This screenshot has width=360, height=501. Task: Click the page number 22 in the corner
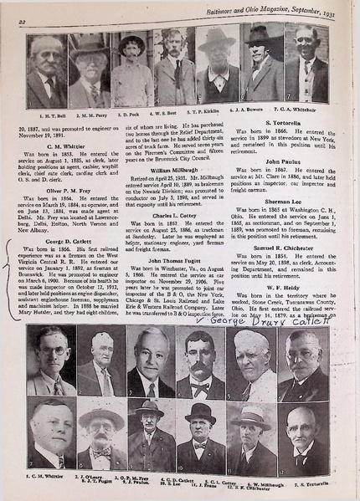[x=19, y=9]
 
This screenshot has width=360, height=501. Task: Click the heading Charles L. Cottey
[x=167, y=216]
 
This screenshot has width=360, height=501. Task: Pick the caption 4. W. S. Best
[x=172, y=113]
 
